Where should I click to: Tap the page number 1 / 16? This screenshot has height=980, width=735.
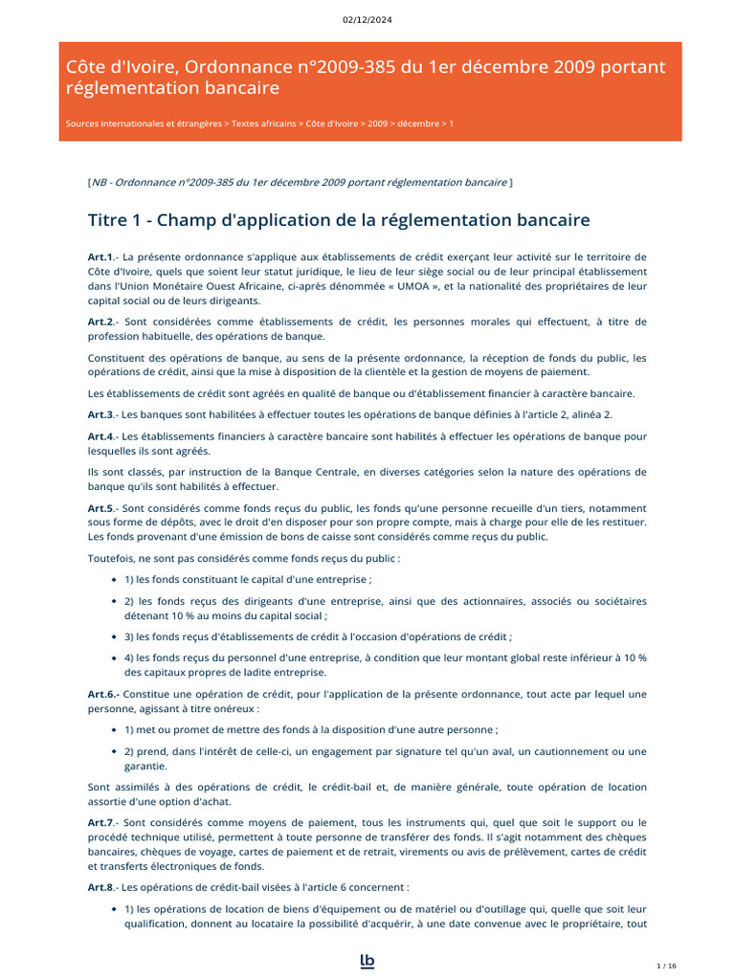(x=667, y=966)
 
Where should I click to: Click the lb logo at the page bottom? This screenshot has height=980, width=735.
(x=367, y=961)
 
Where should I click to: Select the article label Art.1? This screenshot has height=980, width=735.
(x=100, y=256)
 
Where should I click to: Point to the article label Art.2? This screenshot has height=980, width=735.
(x=100, y=322)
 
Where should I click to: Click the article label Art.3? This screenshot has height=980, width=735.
(x=100, y=414)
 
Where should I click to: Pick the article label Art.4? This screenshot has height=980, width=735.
(x=100, y=436)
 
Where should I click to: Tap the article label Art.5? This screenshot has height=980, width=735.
(x=100, y=507)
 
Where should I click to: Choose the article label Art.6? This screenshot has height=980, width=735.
(x=101, y=694)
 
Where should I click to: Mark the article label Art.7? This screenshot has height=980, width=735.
(x=100, y=823)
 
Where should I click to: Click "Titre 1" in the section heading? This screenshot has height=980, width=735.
(x=115, y=221)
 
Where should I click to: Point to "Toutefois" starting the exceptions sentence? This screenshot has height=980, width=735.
(x=111, y=557)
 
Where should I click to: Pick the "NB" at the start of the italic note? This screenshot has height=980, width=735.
(x=100, y=182)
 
